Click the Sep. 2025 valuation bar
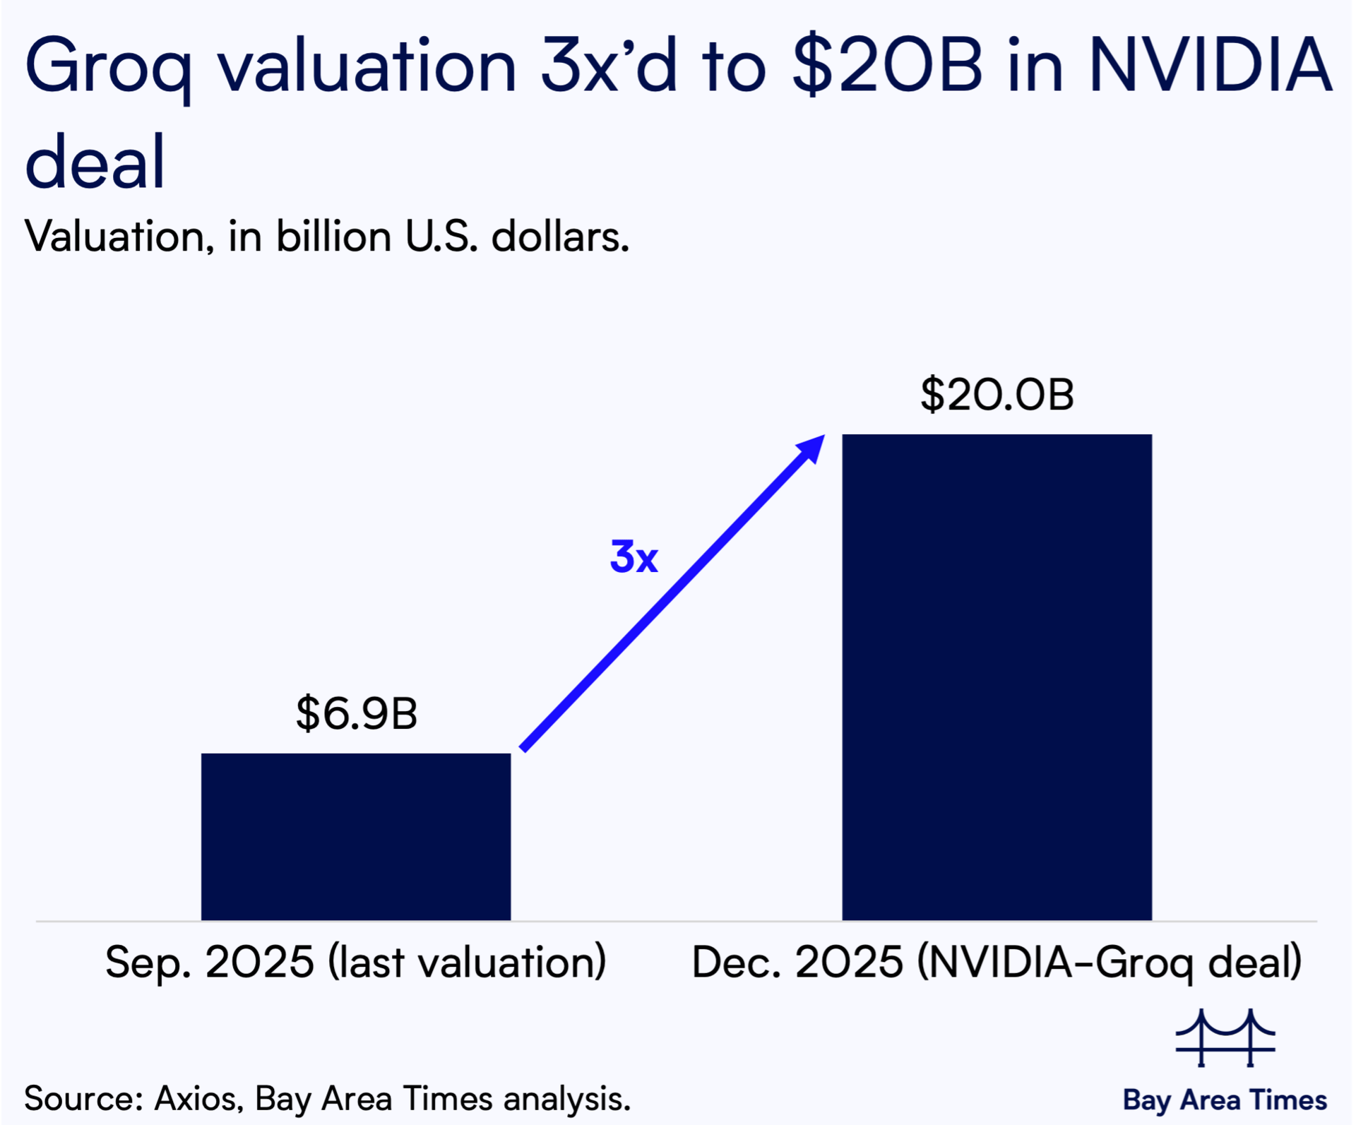point(356,837)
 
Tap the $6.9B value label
point(357,713)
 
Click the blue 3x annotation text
point(634,557)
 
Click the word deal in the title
point(95,162)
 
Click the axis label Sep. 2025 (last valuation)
point(356,962)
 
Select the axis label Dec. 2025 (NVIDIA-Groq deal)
point(997,962)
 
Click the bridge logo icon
point(1225,1038)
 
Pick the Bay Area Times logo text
point(1225,1100)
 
